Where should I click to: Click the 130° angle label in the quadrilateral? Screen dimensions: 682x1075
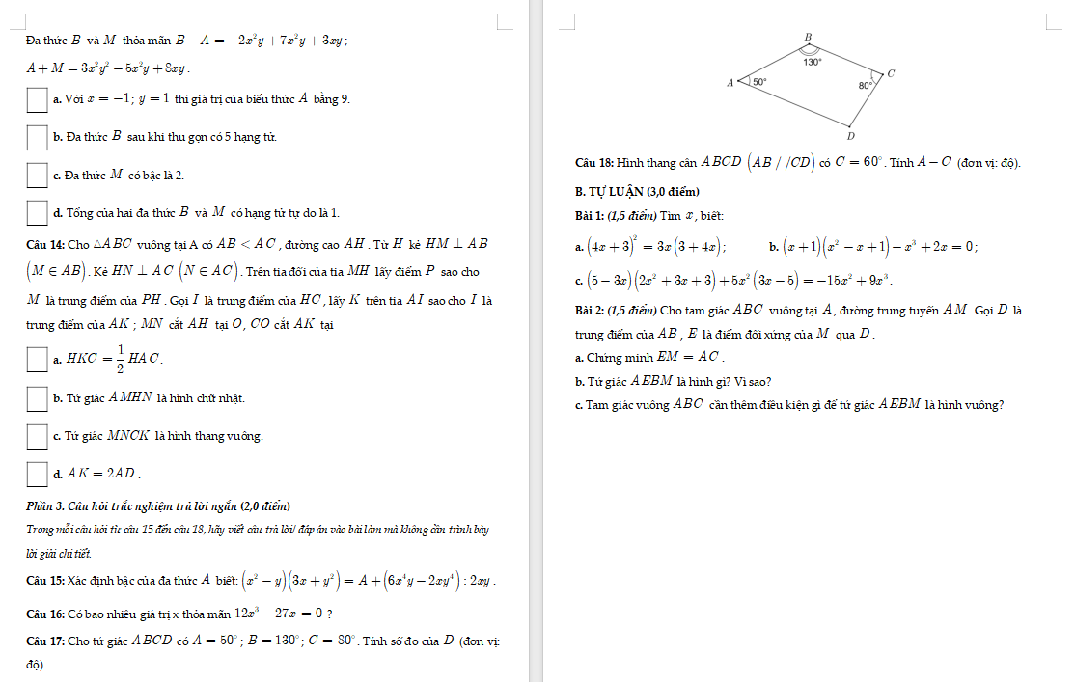tap(813, 61)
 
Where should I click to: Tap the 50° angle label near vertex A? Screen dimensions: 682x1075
tap(760, 83)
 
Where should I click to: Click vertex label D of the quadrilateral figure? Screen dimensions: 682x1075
tap(850, 137)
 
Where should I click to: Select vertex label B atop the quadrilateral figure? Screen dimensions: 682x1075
tap(809, 36)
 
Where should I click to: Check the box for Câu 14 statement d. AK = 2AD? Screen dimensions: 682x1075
tap(37, 474)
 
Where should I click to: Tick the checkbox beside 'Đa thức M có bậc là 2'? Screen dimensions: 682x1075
tap(37, 175)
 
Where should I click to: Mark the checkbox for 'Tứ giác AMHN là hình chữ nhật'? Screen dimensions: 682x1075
tap(37, 398)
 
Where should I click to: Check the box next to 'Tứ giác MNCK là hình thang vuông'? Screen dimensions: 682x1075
tap(37, 436)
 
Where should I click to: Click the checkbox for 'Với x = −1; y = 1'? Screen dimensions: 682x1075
tap(37, 98)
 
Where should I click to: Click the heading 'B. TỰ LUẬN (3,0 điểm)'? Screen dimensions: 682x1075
tap(636, 191)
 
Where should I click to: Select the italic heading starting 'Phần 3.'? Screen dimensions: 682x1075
tap(158, 506)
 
